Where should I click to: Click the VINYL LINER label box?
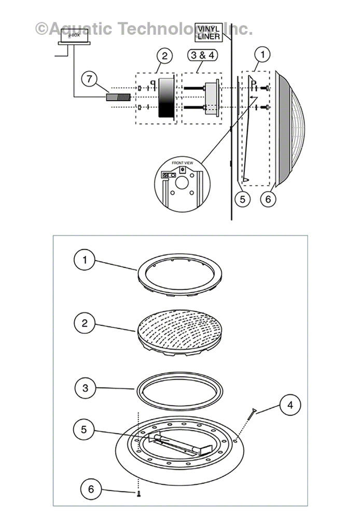tap(208, 32)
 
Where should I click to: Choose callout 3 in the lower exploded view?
tap(85, 387)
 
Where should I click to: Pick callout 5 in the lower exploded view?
tap(85, 429)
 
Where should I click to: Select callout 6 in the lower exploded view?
tap(91, 489)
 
